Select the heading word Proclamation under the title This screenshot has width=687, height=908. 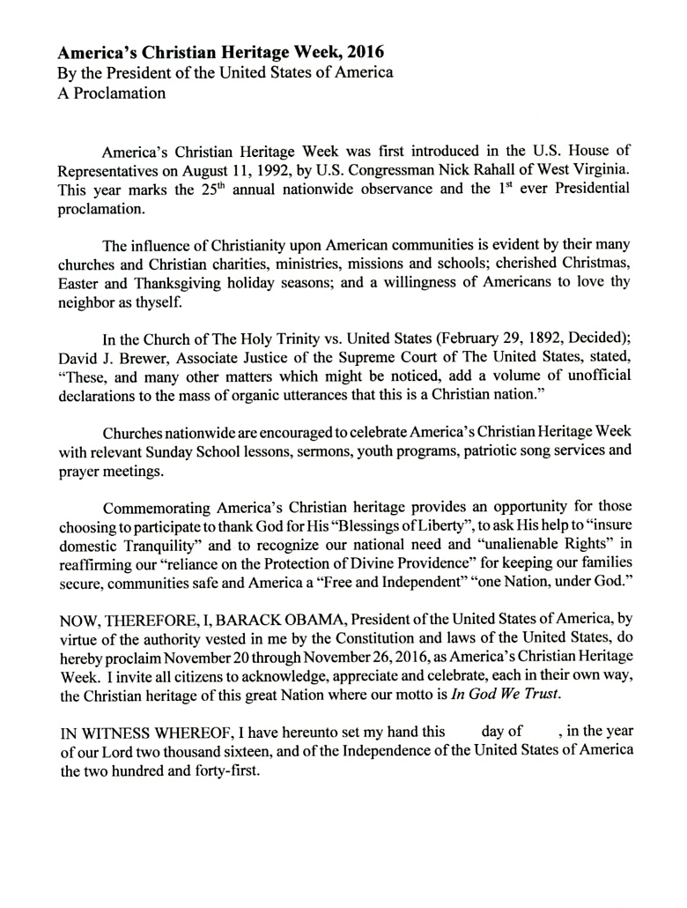(119, 93)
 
